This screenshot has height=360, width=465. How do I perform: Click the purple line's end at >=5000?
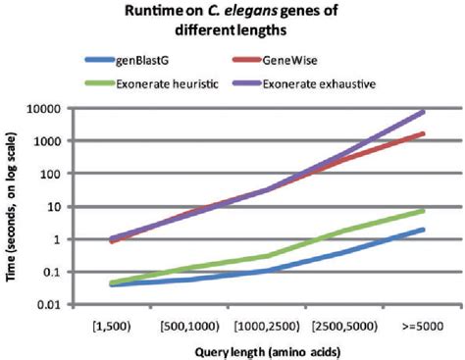(423, 112)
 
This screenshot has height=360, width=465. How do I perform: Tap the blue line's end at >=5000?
(423, 230)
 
